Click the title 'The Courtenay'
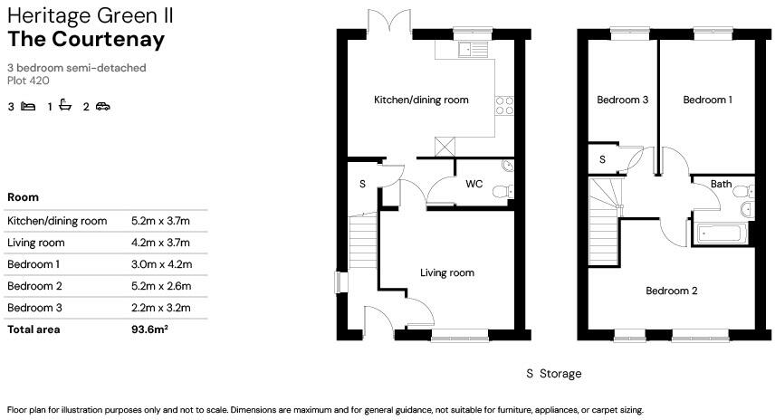86,39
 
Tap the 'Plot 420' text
28,81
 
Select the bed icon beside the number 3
28,107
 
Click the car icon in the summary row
102,107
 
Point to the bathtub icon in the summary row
65,107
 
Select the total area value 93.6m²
150,329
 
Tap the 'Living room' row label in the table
35,243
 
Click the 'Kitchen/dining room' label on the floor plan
421,100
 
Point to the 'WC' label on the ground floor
474,184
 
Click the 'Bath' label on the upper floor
721,184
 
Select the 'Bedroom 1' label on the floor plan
707,100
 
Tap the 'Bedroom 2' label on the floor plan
671,291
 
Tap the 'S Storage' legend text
553,374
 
